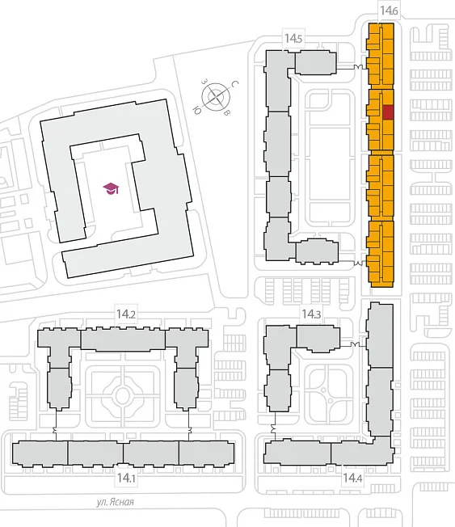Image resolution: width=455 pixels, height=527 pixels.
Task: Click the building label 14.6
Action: pyautogui.click(x=389, y=11)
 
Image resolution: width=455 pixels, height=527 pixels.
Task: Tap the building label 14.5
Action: pyautogui.click(x=293, y=38)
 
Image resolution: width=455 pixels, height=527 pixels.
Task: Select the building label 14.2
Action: pyautogui.click(x=126, y=314)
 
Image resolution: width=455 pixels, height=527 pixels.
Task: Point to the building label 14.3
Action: pyautogui.click(x=311, y=314)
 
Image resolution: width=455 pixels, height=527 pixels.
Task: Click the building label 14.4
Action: pyautogui.click(x=352, y=478)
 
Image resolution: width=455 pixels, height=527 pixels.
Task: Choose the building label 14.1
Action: pyautogui.click(x=126, y=478)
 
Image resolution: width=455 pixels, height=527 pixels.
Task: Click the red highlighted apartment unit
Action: pyautogui.click(x=388, y=112)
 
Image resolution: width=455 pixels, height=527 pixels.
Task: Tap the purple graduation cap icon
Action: pyautogui.click(x=112, y=188)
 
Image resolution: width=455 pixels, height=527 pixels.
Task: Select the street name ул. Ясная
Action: pyautogui.click(x=116, y=502)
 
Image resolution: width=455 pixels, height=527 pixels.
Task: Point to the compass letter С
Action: pyautogui.click(x=235, y=84)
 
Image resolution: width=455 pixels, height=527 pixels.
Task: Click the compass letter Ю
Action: pyautogui.click(x=197, y=110)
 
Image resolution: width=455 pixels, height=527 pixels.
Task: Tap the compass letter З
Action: pyautogui.click(x=204, y=82)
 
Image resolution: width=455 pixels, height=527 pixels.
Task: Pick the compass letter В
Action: pyautogui.click(x=227, y=113)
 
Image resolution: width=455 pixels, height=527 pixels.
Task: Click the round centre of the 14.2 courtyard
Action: pyautogui.click(x=123, y=394)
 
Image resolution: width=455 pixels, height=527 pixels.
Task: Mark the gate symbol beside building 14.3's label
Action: pyautogui.click(x=355, y=344)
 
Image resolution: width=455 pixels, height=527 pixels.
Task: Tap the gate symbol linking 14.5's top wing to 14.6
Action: pyautogui.click(x=360, y=67)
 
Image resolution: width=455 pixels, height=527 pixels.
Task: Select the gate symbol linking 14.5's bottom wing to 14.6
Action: pyautogui.click(x=360, y=263)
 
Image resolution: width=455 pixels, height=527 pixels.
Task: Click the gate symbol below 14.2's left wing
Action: pyautogui.click(x=56, y=430)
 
